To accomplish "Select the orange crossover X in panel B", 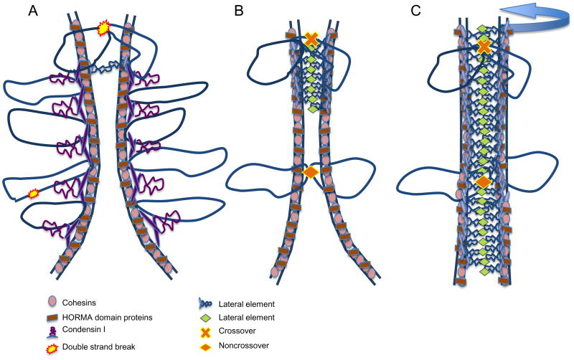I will point(311,40).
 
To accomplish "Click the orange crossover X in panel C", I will point(484,48).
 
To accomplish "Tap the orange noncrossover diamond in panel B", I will point(311,172).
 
